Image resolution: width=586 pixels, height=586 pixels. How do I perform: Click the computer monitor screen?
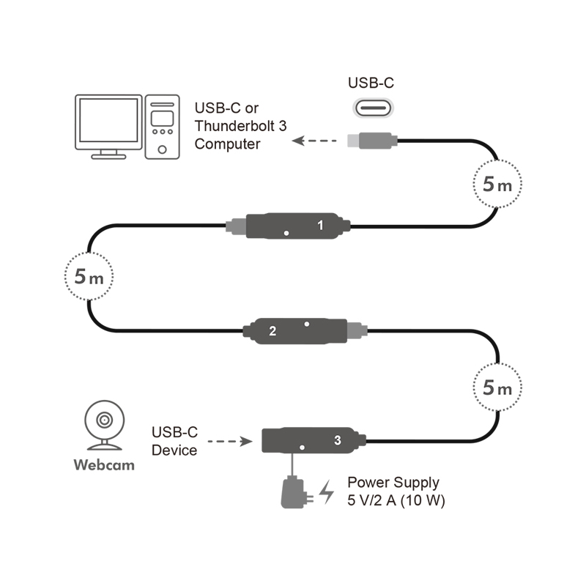click(108, 120)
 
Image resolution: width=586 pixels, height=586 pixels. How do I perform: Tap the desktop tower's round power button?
click(162, 149)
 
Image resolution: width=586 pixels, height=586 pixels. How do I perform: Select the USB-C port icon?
click(373, 108)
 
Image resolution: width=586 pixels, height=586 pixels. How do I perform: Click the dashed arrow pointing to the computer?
click(314, 141)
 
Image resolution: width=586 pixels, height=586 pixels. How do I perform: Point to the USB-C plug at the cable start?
click(372, 141)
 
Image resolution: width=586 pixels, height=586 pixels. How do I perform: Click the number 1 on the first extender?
click(320, 225)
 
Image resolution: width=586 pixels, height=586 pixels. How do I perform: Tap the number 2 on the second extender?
click(272, 331)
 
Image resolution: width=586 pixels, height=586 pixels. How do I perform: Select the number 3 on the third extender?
click(338, 440)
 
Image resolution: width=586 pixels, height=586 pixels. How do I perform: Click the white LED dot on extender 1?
click(286, 233)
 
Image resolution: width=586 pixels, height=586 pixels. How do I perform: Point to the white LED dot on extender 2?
click(307, 324)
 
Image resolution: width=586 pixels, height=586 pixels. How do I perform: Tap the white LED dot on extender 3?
click(302, 448)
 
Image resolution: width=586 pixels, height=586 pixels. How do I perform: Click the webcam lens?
click(104, 420)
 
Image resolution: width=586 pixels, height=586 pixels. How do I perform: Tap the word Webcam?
click(104, 465)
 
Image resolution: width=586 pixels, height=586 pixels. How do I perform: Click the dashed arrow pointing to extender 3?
click(230, 442)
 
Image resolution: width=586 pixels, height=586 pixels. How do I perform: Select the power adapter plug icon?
click(297, 492)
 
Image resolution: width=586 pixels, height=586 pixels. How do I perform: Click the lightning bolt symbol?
click(327, 492)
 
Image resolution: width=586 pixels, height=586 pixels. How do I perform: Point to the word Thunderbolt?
click(235, 126)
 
